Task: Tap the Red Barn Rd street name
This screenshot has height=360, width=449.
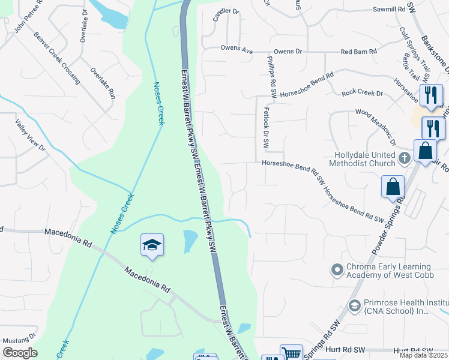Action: click(x=358, y=52)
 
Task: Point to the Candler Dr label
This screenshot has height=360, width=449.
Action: click(x=226, y=11)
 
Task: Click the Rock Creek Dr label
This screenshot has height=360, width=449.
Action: click(x=362, y=94)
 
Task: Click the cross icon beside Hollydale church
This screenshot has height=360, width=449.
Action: click(x=405, y=158)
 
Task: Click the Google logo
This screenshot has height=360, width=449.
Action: click(x=20, y=353)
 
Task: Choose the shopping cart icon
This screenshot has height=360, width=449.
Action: click(x=291, y=353)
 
